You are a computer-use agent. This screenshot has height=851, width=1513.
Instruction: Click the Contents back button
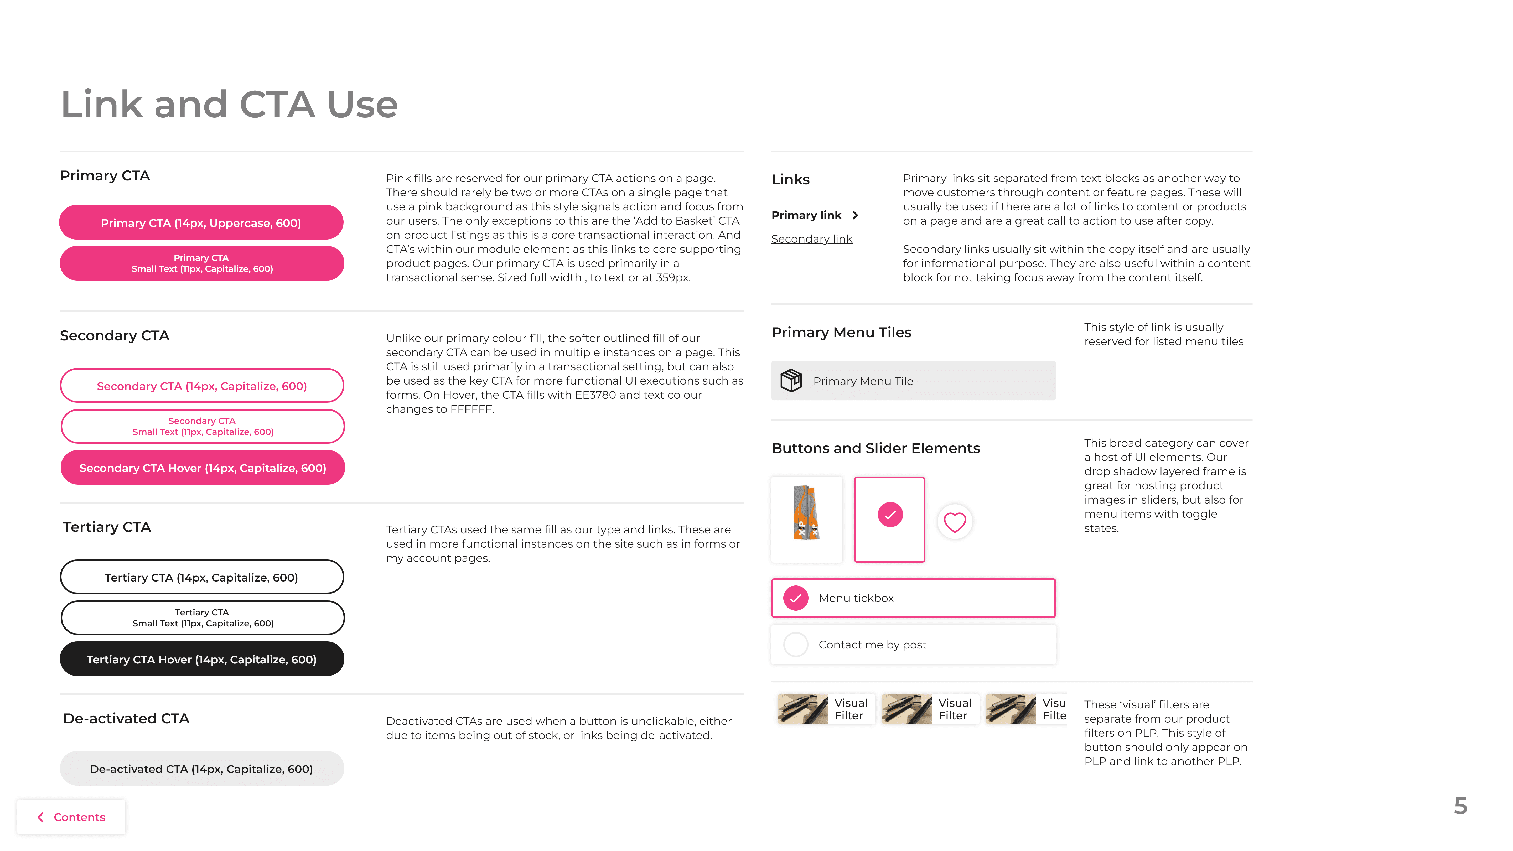[x=71, y=817]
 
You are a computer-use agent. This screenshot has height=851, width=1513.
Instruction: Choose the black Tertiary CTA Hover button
[x=202, y=659]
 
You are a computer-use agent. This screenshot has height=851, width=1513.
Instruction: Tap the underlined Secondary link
[x=812, y=239]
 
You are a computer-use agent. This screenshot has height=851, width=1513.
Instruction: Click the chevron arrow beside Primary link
[x=855, y=215]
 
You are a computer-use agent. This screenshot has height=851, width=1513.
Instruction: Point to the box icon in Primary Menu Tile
[x=791, y=381]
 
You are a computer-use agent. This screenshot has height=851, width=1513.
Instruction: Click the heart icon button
[x=955, y=522]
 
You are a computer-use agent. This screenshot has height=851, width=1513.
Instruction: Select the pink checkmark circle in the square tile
[x=890, y=515]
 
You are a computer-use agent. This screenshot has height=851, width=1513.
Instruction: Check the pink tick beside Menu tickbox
[x=796, y=598]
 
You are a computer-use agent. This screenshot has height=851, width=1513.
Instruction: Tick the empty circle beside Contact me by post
[x=796, y=644]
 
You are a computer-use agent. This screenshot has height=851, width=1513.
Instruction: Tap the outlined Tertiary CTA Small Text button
[x=203, y=618]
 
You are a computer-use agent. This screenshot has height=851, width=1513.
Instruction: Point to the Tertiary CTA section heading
[x=107, y=527]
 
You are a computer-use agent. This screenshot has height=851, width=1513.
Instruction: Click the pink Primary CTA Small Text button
[x=202, y=263]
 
